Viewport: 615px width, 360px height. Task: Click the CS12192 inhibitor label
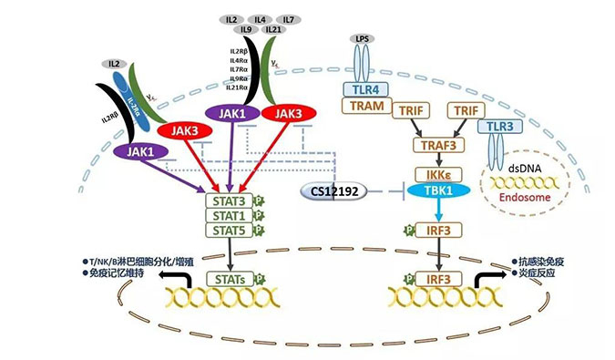pos(331,192)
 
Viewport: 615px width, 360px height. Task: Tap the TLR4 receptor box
pos(366,89)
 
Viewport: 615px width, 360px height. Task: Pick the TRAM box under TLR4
pos(366,107)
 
